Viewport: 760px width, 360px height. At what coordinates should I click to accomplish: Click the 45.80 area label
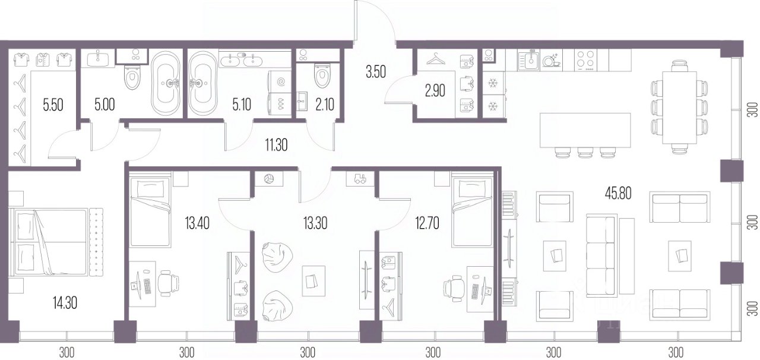tap(618, 194)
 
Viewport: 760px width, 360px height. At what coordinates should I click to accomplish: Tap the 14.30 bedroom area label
tap(65, 302)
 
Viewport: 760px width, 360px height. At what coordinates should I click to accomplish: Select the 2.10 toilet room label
tap(325, 105)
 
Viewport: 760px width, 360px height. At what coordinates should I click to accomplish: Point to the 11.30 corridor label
tap(277, 145)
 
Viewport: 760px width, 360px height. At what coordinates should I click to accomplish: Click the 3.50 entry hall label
tap(376, 72)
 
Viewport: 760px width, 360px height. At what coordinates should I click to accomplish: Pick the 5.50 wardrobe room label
tap(53, 105)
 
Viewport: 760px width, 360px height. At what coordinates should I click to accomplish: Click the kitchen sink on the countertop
tap(528, 61)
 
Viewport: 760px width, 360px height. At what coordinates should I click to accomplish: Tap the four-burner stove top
tap(586, 60)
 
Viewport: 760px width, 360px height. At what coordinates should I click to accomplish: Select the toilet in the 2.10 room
tap(322, 75)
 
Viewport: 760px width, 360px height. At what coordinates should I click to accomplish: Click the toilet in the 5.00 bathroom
tap(132, 78)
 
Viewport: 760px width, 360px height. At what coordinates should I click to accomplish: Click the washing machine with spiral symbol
tap(280, 81)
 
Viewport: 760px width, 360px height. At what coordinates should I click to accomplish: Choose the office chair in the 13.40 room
tap(168, 283)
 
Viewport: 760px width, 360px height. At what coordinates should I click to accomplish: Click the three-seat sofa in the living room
tap(601, 255)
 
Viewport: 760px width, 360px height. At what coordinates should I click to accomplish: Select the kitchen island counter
tap(585, 131)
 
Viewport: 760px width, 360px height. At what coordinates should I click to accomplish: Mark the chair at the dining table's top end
tap(680, 66)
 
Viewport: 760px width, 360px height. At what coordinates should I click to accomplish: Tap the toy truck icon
tap(360, 179)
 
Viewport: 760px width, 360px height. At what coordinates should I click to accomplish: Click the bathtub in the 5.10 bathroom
tap(202, 83)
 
